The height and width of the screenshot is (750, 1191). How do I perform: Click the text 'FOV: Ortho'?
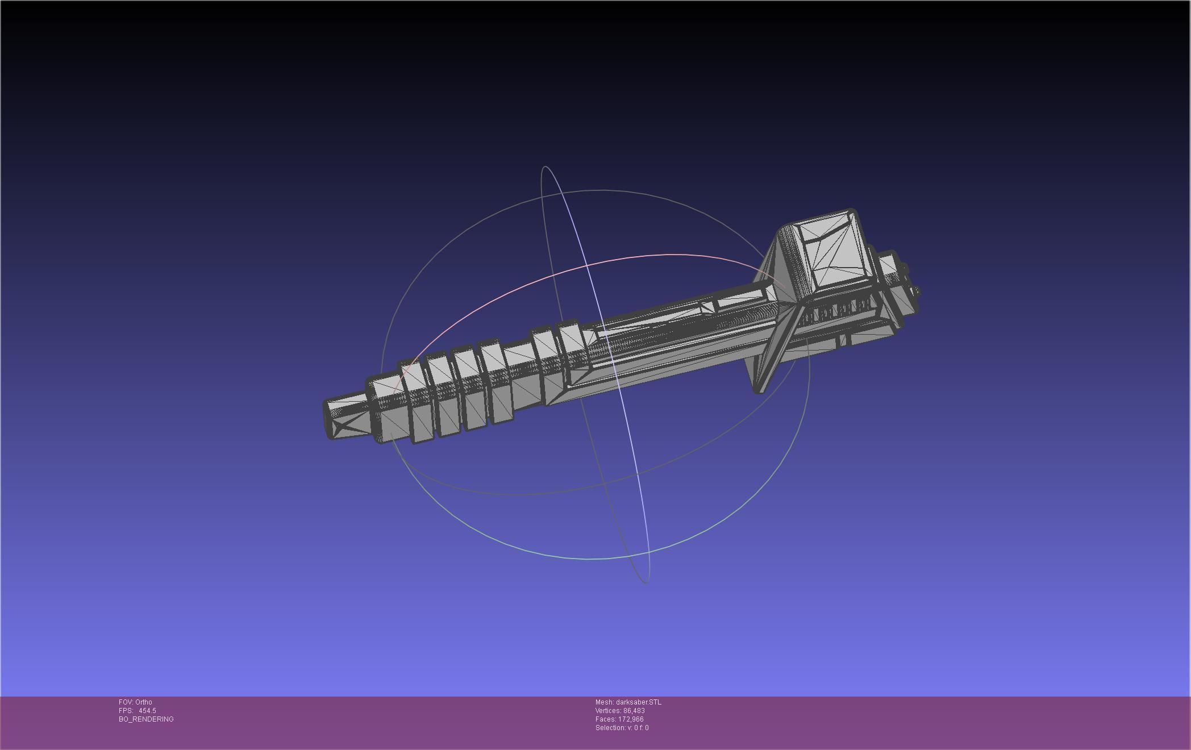135,702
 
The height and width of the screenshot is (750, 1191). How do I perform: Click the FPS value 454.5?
147,710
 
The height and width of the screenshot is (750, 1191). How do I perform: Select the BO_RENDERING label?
146,719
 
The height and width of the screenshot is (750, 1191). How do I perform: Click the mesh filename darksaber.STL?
638,702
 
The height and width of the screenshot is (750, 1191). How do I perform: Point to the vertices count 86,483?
634,710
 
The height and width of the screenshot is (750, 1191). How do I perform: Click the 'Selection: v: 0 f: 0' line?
622,727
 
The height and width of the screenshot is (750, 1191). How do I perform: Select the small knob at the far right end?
915,292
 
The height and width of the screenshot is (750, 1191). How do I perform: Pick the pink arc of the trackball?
568,273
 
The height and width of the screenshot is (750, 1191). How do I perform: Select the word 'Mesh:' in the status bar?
604,702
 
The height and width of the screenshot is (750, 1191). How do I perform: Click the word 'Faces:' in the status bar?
605,719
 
